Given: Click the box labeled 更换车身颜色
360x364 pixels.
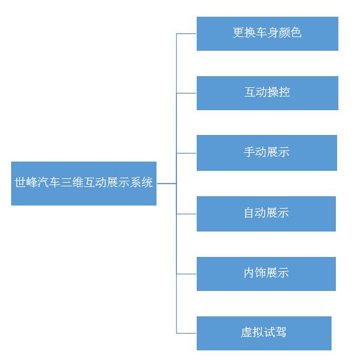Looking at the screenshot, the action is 267,33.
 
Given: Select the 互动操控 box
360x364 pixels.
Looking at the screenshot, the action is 267,93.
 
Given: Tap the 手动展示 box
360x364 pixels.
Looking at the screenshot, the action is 267,153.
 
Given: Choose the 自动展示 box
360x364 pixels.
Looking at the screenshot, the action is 266,214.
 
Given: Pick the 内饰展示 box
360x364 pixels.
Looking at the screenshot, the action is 266,274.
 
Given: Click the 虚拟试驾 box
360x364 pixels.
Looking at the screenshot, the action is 264,333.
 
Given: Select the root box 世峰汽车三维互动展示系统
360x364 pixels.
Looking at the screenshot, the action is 84,183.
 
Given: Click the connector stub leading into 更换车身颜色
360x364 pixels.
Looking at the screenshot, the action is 186,33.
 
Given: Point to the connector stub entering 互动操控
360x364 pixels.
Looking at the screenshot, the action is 186,93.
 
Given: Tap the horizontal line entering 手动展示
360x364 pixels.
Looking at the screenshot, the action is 186,153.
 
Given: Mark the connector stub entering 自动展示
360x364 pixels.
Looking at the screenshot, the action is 186,214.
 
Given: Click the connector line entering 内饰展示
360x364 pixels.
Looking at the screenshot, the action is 186,274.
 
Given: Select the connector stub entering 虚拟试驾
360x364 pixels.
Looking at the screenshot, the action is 186,333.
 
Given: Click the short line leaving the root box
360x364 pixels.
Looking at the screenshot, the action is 166,183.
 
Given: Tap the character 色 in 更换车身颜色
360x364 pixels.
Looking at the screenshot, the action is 296,32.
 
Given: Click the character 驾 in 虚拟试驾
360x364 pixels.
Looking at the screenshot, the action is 281,332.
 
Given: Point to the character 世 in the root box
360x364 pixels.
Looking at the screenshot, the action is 20,182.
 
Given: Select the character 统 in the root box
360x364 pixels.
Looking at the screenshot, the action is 147,182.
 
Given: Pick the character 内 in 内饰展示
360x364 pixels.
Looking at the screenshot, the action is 249,272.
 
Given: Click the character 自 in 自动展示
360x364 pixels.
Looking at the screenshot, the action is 249,213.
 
